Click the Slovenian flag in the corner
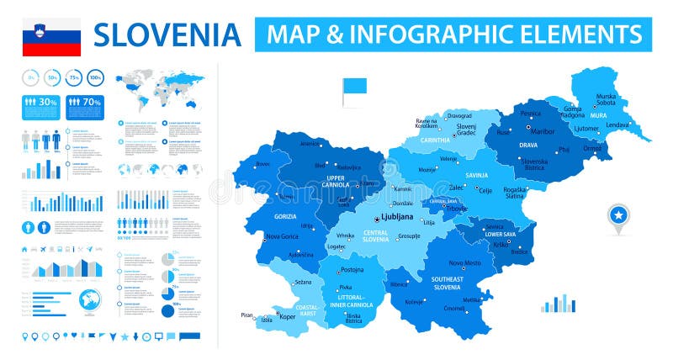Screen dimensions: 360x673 pos(51,37)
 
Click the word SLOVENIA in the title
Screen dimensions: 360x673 pos(167,34)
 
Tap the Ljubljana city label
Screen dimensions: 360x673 pos(397,216)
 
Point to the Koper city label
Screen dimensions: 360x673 pos(289,318)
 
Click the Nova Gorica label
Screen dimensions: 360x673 pos(283,236)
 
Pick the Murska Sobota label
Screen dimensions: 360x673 pos(606,100)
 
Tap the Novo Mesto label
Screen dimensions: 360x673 pos(464,262)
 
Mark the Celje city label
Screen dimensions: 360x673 pos(485,191)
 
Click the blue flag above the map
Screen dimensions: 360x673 pos(352,87)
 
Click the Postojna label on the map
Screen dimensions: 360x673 pos(352,270)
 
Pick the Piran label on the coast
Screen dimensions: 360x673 pos(246,315)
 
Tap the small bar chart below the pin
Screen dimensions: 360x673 pos(558,304)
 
